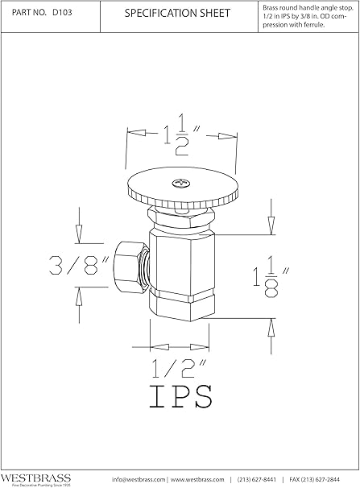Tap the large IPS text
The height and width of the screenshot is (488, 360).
(181, 398)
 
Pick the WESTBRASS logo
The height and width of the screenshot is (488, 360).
(36, 477)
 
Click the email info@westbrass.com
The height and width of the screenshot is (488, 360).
(139, 480)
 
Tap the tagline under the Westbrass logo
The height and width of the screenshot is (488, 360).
(37, 485)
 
